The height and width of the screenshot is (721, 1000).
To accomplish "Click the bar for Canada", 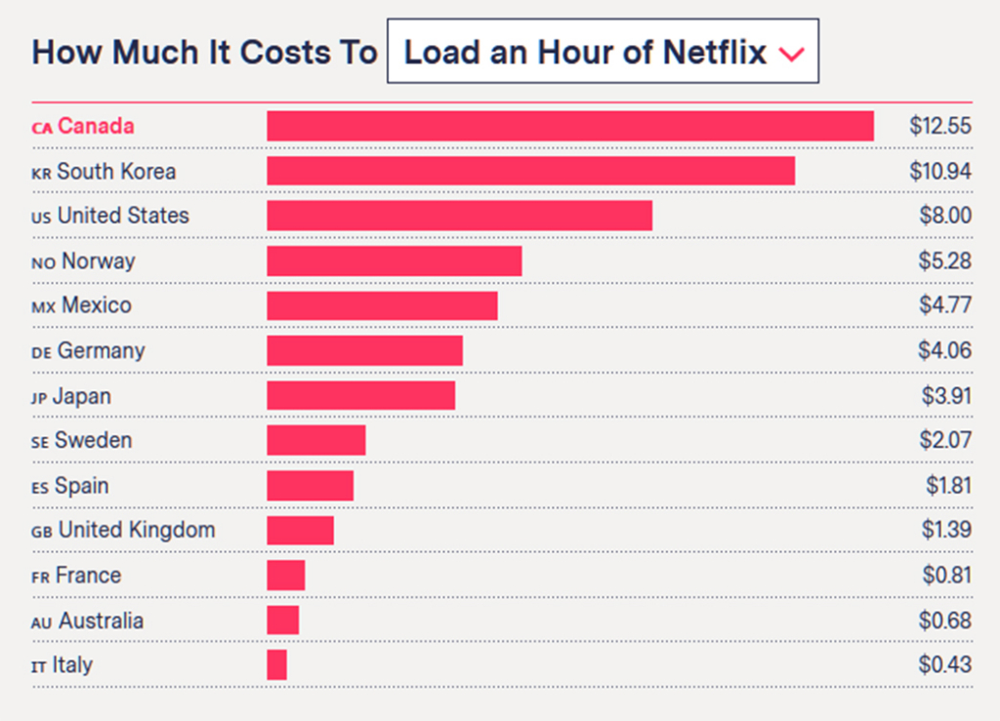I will (x=569, y=126).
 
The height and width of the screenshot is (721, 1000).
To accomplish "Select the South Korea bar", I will (x=530, y=171).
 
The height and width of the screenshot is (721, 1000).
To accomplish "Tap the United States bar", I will (x=459, y=216).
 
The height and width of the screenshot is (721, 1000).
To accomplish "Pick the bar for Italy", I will (x=276, y=665).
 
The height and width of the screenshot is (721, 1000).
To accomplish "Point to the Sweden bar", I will (x=315, y=440).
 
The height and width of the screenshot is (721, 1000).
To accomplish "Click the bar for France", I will (x=285, y=576).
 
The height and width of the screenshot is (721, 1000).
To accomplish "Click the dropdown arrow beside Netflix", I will (x=792, y=54).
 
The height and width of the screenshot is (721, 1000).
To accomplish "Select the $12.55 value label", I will (x=940, y=126).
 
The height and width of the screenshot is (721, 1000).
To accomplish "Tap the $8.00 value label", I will (x=945, y=216).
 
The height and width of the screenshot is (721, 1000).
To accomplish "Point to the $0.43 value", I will (x=945, y=665).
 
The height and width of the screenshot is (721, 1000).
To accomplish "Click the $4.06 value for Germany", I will (x=945, y=350).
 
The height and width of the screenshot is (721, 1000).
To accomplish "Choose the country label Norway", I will (x=98, y=260).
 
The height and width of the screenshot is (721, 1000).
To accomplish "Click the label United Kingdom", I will (x=137, y=530).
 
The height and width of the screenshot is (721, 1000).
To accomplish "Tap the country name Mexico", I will (x=96, y=305).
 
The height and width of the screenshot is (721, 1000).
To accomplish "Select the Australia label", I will (x=101, y=621).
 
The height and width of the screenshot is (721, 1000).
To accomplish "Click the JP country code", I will (x=40, y=397).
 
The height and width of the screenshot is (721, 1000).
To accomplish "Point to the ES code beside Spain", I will (x=40, y=487).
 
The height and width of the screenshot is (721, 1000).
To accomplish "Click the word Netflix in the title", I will (x=715, y=52).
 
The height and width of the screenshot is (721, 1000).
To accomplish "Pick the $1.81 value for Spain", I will (x=948, y=486).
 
